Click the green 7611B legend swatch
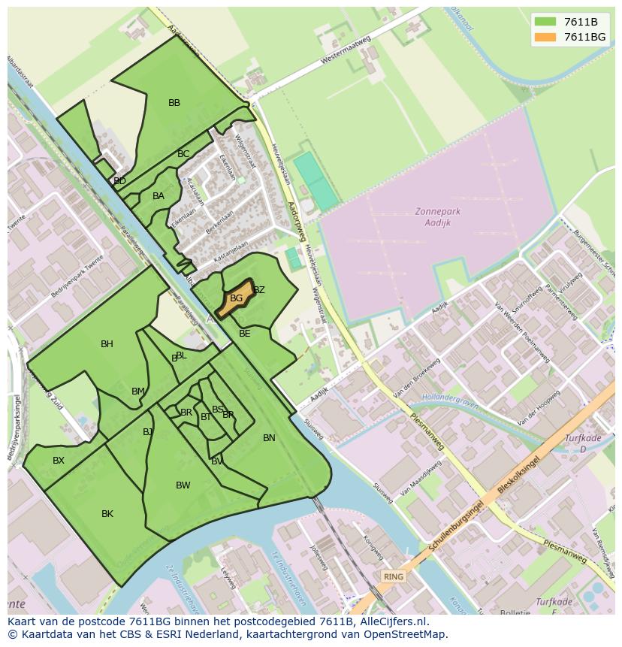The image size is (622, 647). click(x=545, y=22)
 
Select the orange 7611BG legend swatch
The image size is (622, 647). click(x=545, y=37)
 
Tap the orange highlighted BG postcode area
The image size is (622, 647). click(x=235, y=298)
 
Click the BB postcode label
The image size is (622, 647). click(x=174, y=103)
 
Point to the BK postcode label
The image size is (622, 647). click(x=107, y=514)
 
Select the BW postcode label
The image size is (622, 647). click(x=183, y=485)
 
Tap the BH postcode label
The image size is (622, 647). click(x=107, y=344)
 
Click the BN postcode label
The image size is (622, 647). click(x=269, y=438)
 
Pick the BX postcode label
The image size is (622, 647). click(x=59, y=461)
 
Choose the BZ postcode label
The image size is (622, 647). click(x=259, y=290)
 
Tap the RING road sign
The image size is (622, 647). click(x=393, y=576)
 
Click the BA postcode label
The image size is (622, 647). click(x=158, y=196)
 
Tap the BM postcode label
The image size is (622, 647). click(x=138, y=392)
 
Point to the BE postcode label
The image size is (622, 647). click(x=244, y=333)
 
